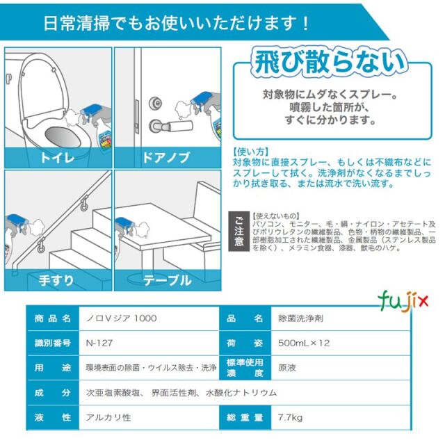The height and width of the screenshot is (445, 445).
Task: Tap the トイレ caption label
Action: pyautogui.click(x=57, y=158)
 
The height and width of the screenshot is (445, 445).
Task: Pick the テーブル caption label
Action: pyautogui.click(x=167, y=280)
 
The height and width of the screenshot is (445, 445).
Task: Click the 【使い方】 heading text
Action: pyautogui.click(x=250, y=151)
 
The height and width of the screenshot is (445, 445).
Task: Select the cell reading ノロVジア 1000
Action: pyautogui.click(x=118, y=318)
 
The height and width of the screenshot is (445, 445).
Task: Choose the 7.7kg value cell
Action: pyautogui.click(x=289, y=418)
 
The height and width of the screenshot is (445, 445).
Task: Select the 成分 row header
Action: pyautogui.click(x=53, y=393)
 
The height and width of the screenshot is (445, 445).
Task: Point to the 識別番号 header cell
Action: pyautogui.click(x=53, y=343)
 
